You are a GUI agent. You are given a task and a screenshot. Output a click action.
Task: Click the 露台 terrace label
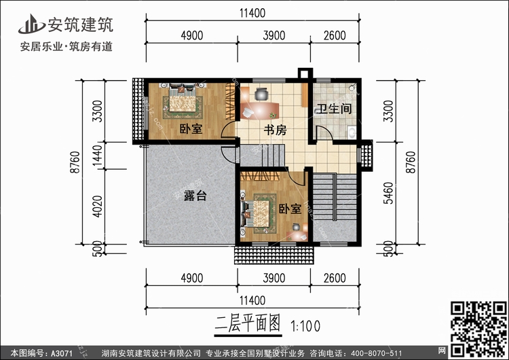[195, 196]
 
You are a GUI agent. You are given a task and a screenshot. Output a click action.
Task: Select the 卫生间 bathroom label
[333, 109]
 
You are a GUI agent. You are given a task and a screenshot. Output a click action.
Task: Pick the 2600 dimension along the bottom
[335, 278]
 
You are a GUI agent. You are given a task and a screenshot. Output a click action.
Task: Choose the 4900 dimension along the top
[191, 35]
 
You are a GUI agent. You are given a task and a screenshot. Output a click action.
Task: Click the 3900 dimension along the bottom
[274, 278]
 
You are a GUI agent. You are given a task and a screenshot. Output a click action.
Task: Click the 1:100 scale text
[306, 325]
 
